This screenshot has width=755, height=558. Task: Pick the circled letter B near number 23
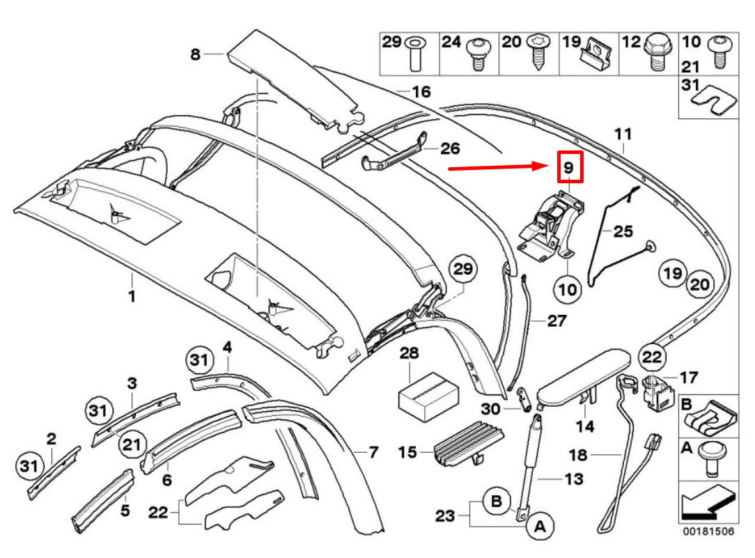[496, 502]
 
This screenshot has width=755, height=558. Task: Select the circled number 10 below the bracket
[568, 288]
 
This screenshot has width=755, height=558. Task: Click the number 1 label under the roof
[131, 296]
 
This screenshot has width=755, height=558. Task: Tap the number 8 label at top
[194, 54]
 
